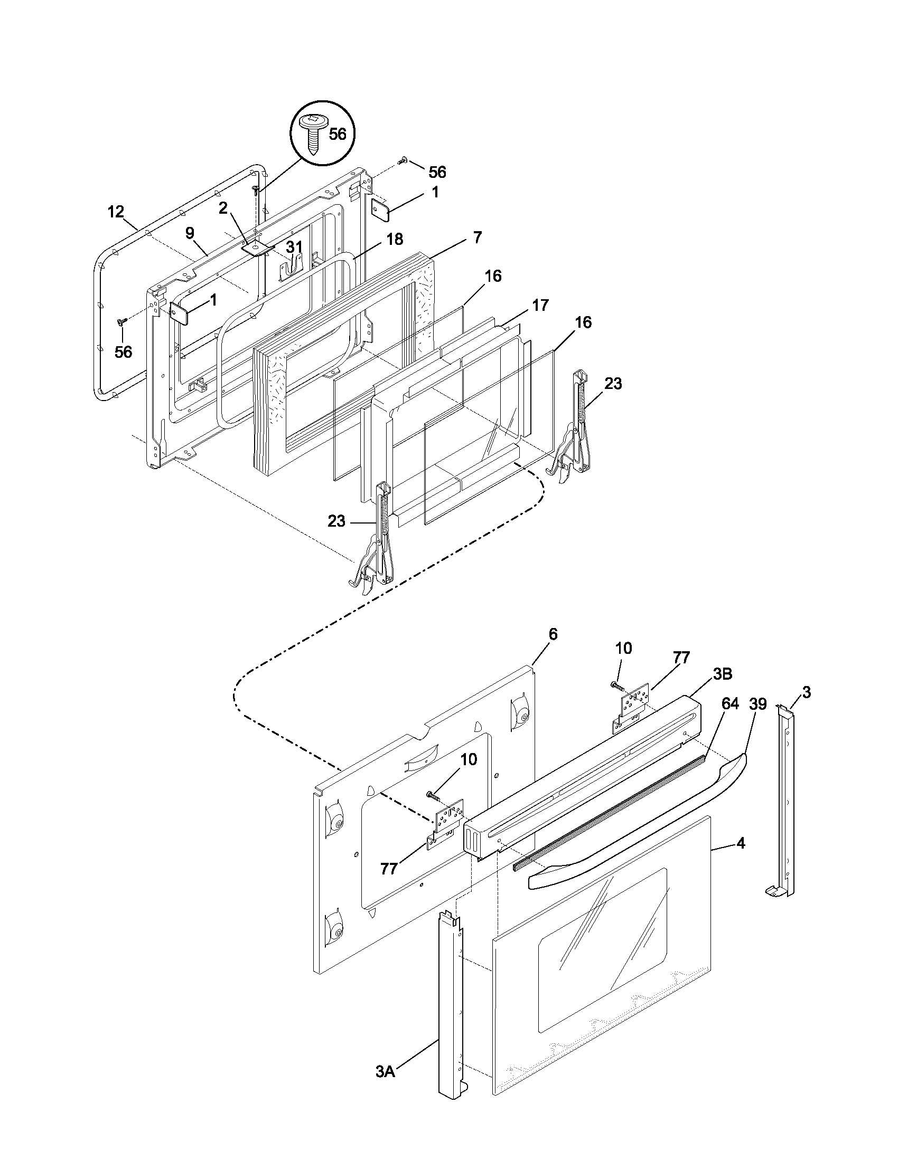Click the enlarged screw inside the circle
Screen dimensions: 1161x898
pyautogui.click(x=314, y=134)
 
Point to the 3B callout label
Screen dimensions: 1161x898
pyautogui.click(x=722, y=674)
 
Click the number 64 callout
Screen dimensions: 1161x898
pyautogui.click(x=730, y=704)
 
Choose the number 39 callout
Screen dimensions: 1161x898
pyautogui.click(x=757, y=704)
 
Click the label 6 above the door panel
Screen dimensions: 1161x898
pyautogui.click(x=553, y=634)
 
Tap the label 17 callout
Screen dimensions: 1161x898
pyautogui.click(x=540, y=306)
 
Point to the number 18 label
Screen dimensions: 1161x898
pyautogui.click(x=395, y=239)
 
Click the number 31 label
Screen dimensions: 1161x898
pyautogui.click(x=294, y=247)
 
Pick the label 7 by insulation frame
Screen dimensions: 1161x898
pyautogui.click(x=477, y=237)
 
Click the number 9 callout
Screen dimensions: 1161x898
pyautogui.click(x=190, y=233)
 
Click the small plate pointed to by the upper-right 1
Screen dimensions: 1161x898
pyautogui.click(x=380, y=211)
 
